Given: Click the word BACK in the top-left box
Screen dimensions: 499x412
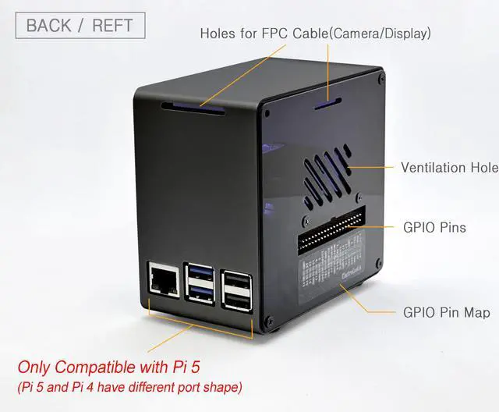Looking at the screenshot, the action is point(49,25).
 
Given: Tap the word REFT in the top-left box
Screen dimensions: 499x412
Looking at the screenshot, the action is point(112,25).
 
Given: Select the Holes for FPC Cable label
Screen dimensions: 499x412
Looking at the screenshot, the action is point(315,34).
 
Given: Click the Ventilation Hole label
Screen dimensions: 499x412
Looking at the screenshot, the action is point(449,167).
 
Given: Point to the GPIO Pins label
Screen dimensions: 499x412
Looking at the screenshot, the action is point(434,228).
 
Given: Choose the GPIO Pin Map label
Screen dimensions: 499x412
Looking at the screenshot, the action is point(446,312).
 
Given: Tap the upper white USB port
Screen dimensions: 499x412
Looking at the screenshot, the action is point(235,279).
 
